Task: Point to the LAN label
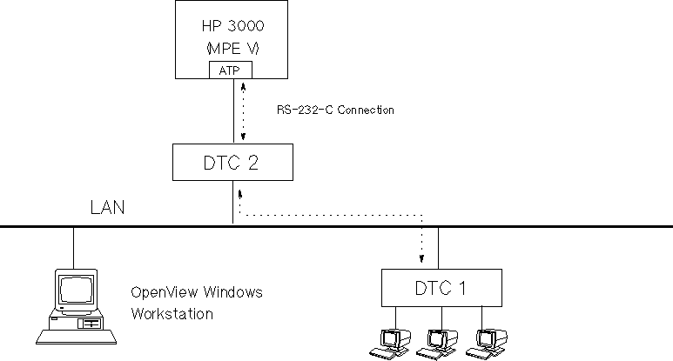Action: point(108,208)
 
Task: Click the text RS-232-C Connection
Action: point(333,110)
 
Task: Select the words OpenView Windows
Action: point(195,292)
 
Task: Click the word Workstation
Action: point(172,313)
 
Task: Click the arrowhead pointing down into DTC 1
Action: point(421,259)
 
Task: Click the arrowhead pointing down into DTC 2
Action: point(244,137)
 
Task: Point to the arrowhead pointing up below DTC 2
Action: point(239,188)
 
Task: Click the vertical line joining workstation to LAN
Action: point(73,247)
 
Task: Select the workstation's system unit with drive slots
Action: point(88,323)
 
